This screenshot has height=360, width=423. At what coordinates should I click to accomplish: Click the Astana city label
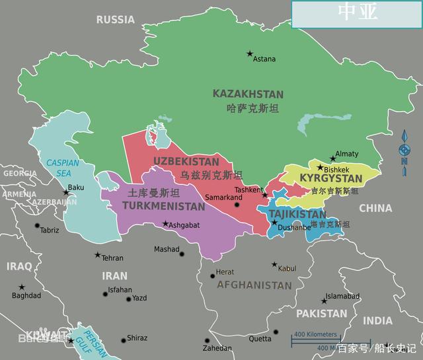(264, 59)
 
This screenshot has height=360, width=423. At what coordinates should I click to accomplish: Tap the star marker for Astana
(250, 54)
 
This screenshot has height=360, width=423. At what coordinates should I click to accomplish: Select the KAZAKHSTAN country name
(248, 94)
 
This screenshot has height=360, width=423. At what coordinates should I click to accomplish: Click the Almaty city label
(347, 154)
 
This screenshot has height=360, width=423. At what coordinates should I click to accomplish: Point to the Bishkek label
(336, 170)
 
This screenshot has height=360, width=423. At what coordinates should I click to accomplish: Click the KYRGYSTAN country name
(331, 179)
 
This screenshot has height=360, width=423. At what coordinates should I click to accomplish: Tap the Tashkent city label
(249, 190)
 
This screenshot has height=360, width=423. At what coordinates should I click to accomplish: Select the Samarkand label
(223, 198)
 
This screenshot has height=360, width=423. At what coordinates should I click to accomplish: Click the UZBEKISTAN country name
(186, 161)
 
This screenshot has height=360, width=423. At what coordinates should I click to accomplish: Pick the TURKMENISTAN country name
(164, 206)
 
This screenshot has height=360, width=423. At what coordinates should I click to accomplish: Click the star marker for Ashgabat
(165, 223)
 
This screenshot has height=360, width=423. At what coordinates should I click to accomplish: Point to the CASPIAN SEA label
(63, 168)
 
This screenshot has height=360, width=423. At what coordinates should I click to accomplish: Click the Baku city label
(76, 188)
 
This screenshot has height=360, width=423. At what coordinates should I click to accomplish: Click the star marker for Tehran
(98, 255)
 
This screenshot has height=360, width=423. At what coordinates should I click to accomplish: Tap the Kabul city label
(287, 269)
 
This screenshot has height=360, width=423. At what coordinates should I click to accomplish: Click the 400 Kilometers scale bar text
(315, 334)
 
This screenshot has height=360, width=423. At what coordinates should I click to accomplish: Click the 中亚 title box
(357, 14)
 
